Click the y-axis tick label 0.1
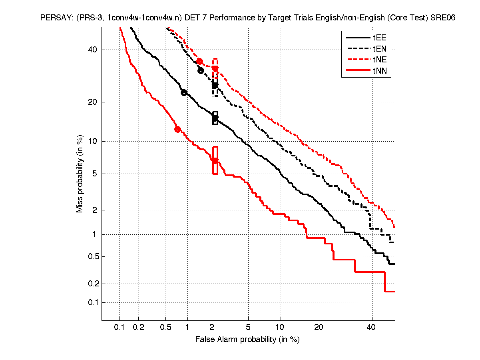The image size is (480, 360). [x=93, y=302]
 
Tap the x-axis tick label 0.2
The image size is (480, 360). [x=139, y=328]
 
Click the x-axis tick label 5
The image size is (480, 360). [x=248, y=328]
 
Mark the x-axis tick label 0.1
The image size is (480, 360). [x=120, y=328]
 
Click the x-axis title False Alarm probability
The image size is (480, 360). [x=247, y=340]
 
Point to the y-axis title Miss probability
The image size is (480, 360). [x=80, y=174]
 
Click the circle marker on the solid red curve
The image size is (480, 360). [x=177, y=129]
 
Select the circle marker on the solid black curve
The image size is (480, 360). [x=184, y=92]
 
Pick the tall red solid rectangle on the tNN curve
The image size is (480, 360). [x=215, y=160]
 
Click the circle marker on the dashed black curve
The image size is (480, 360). [x=201, y=70]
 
